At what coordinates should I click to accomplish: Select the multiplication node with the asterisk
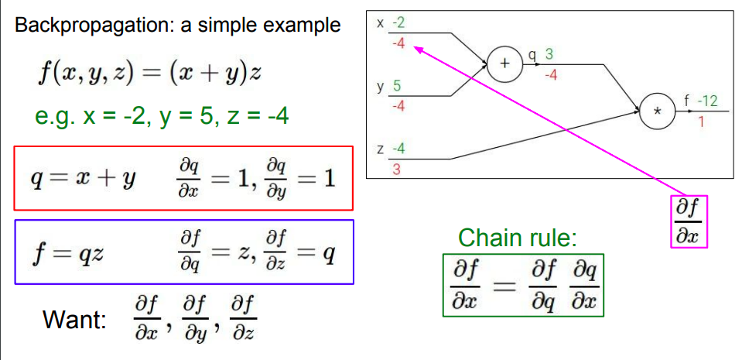coord(657,111)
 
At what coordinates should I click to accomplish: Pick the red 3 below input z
coord(396,170)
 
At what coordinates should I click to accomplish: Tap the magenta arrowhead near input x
coord(415,48)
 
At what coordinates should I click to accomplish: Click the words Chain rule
coord(518,238)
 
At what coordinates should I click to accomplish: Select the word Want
coord(74,319)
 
